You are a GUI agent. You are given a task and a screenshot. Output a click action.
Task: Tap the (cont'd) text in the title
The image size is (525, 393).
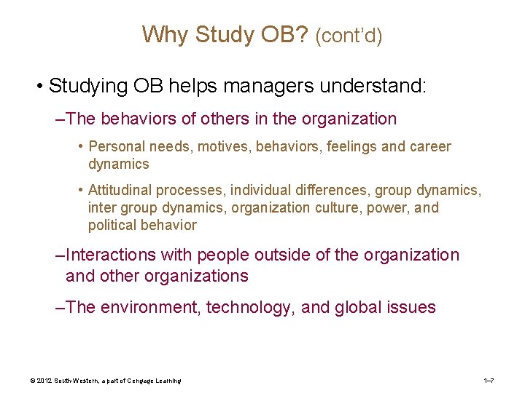[x=349, y=36]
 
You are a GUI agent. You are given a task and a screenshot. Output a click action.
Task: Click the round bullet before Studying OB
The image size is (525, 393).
[x=38, y=87]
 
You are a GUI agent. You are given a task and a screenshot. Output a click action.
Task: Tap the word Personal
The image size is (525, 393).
[x=117, y=147]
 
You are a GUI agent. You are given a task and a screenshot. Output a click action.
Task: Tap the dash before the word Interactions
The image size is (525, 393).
[x=60, y=255]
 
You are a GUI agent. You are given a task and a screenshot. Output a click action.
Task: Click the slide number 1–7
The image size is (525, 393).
[x=489, y=381]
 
